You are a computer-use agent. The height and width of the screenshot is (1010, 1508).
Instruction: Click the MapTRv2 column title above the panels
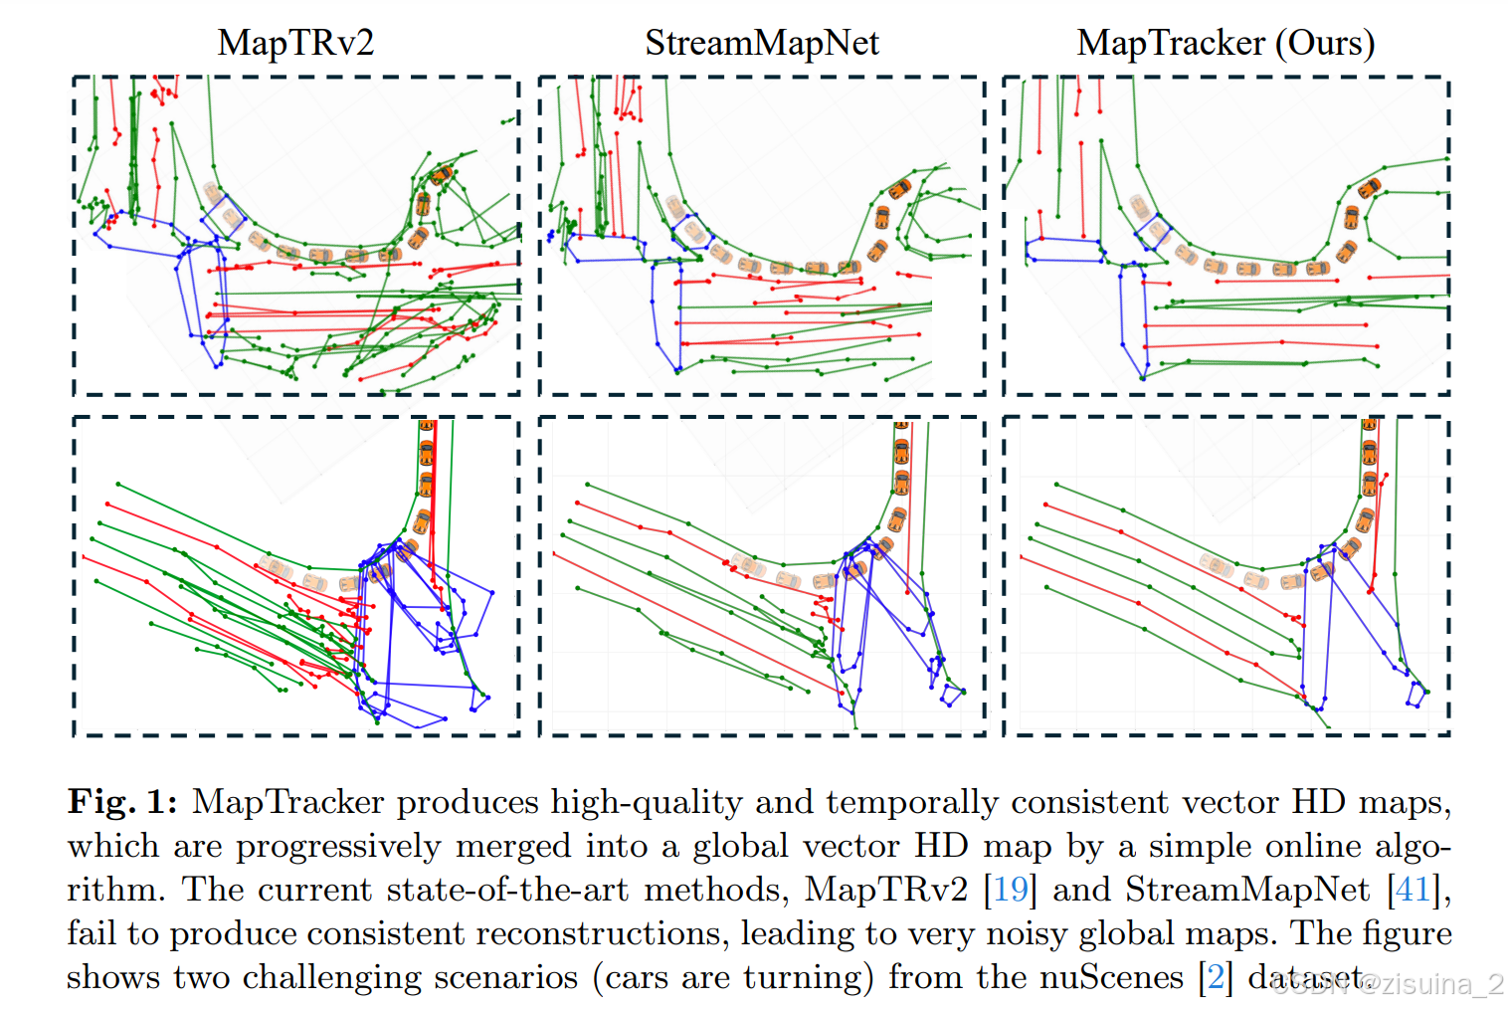pos(295,43)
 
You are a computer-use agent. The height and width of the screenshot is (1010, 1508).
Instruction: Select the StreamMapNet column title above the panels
pos(762,43)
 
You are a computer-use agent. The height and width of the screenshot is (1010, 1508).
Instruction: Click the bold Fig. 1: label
pos(122,802)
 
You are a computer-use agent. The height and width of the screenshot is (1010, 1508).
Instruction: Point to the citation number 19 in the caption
pos(1011,889)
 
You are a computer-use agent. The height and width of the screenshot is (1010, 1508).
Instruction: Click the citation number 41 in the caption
pos(1413,889)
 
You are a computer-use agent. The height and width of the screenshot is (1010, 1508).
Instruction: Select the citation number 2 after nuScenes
pos(1215,977)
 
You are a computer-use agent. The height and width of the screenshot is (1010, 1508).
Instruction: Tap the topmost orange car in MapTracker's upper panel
pos(1370,186)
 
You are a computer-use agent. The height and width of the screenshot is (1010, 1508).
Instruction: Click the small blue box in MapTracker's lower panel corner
pos(1416,694)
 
